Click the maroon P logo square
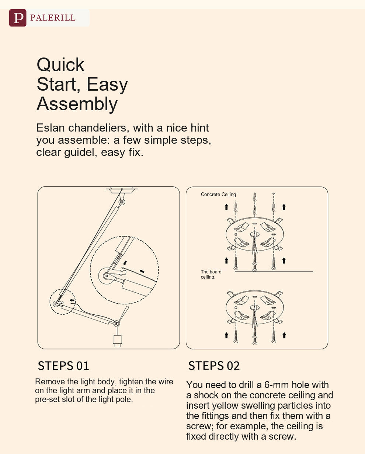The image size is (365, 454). coord(18,18)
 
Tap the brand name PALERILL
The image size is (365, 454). coord(53,18)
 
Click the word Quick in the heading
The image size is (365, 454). coord(60,65)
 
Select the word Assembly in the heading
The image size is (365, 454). coord(77,104)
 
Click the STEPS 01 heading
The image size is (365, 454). coord(63,366)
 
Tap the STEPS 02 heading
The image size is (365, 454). coord(214,366)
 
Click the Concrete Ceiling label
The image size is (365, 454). coord(219,194)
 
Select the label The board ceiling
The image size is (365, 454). coord(211,274)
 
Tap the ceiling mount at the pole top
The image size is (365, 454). coord(122,190)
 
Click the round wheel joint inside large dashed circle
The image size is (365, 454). coord(107,276)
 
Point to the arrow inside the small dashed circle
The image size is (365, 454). coord(72,300)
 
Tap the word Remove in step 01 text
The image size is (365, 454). coord(50,381)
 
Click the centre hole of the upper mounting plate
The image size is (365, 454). coord(255,234)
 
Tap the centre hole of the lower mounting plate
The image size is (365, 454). coord(255,308)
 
